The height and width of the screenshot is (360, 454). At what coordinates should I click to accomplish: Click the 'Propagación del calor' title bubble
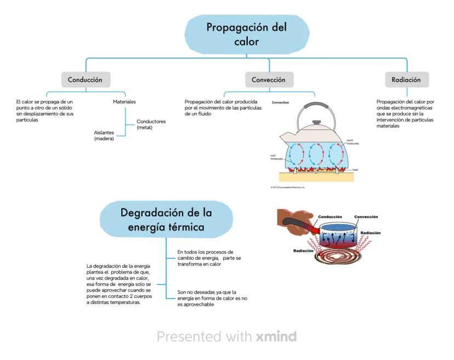click(x=246, y=34)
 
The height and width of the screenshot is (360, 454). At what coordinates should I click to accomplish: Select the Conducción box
click(x=85, y=80)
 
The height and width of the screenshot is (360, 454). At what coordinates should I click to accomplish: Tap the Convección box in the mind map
click(x=268, y=80)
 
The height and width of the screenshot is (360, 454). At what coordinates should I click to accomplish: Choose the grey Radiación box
click(x=406, y=80)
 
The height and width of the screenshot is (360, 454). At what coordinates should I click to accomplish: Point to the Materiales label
click(x=124, y=102)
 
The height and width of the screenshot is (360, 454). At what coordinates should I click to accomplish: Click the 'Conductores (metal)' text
click(x=144, y=125)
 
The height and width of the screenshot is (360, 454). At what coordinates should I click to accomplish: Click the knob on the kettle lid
click(x=316, y=121)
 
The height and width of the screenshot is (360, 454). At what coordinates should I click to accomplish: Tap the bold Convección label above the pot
click(x=366, y=217)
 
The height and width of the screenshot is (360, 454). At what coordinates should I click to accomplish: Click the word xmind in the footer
click(x=276, y=336)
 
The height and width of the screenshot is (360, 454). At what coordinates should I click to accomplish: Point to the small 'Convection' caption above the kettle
click(x=280, y=103)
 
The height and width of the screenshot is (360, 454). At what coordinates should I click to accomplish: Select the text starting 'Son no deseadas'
click(x=206, y=298)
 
